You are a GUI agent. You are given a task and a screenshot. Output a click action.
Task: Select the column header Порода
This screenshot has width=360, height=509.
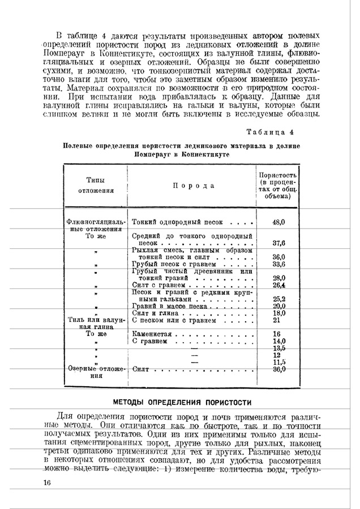(x=193, y=186)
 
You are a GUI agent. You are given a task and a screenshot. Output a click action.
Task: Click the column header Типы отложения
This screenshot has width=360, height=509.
(x=96, y=185)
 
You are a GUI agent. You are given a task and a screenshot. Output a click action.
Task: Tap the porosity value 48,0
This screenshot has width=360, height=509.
(x=278, y=223)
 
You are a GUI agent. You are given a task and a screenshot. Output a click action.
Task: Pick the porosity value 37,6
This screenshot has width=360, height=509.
(x=278, y=243)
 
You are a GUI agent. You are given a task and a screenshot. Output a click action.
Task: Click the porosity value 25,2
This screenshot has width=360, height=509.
(x=278, y=299)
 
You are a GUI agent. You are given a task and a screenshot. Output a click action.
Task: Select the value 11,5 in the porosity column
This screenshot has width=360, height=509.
(x=278, y=362)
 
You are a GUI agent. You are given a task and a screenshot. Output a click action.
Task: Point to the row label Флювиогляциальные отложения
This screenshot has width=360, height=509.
(x=96, y=226)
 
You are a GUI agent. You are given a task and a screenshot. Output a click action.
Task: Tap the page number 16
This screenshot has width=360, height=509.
(x=47, y=482)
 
